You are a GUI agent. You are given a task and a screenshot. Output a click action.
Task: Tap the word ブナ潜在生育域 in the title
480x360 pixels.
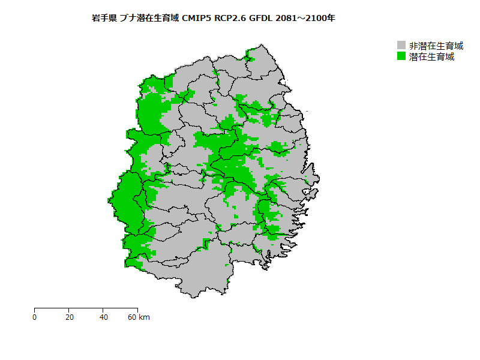[x=148, y=18]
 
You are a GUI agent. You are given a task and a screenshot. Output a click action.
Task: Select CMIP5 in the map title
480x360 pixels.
[x=197, y=18]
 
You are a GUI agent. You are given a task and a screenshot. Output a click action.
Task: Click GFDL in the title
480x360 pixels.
[x=262, y=18]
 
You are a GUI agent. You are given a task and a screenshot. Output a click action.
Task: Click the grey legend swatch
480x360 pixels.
[x=401, y=46]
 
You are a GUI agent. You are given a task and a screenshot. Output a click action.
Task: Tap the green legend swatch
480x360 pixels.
[x=401, y=56]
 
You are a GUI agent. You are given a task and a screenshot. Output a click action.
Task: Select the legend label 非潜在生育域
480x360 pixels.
[x=436, y=46]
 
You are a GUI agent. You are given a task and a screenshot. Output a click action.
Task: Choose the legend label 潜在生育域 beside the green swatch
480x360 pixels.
[x=431, y=57]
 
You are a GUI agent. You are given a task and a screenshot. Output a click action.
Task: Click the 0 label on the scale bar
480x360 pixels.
[x=35, y=317]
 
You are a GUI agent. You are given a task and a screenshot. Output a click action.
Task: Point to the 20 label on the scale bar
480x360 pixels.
[x=70, y=317]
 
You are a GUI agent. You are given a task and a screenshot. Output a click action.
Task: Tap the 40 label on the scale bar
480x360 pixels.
[x=104, y=317]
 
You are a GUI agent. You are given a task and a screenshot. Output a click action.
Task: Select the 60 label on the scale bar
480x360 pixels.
[x=132, y=317]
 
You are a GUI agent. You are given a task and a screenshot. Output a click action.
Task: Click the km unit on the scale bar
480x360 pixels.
[x=145, y=317]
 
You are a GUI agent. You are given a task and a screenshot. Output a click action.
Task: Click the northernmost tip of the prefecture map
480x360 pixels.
[x=261, y=44]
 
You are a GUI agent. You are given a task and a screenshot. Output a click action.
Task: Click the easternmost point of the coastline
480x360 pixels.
[x=319, y=178]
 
